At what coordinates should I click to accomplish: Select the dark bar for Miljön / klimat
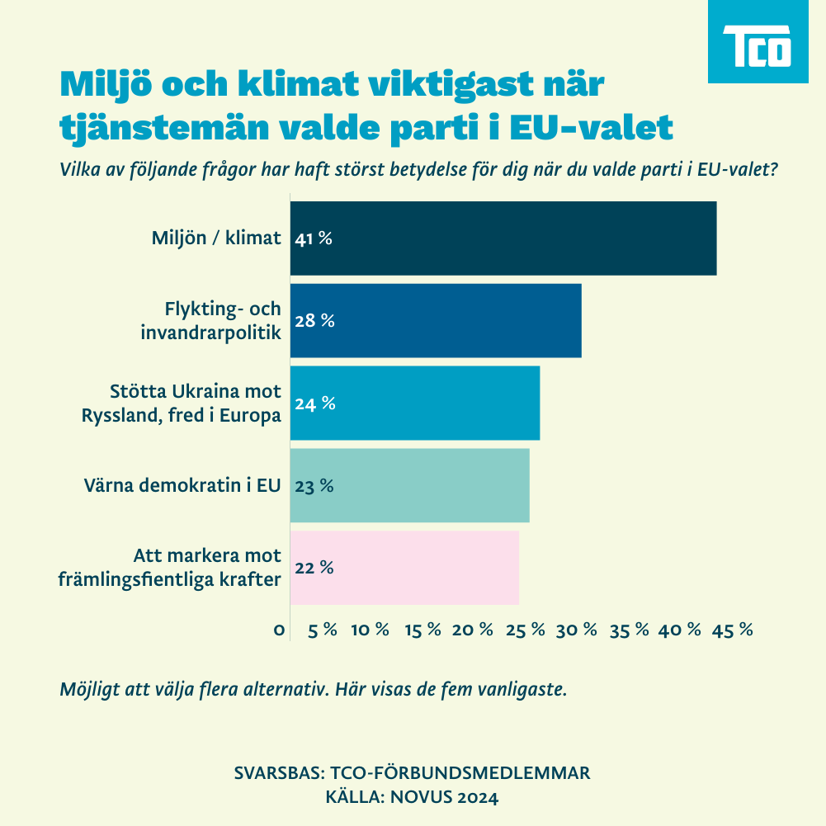tap(503, 238)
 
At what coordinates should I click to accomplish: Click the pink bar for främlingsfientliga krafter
tap(404, 569)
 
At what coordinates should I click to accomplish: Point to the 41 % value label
tap(314, 239)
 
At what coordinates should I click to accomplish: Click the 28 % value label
tap(314, 321)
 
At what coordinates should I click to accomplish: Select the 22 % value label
tap(314, 569)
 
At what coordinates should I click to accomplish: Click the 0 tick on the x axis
tap(280, 630)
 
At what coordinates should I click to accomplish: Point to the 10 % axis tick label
tap(370, 630)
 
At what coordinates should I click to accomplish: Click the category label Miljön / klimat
tap(216, 239)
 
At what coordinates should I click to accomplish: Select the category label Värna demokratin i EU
tap(182, 486)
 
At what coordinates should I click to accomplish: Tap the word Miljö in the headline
tap(101, 84)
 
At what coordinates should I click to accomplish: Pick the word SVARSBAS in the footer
tap(279, 773)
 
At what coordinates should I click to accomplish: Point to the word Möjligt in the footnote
tap(87, 690)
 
